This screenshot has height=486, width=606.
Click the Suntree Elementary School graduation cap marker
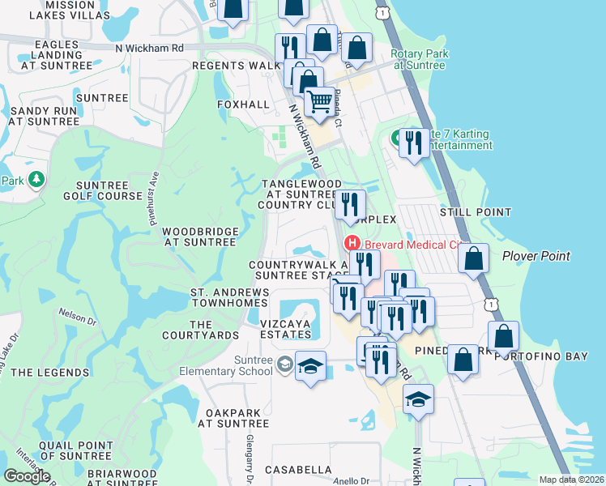pos(310,367)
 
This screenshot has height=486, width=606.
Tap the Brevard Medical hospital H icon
pos(352,242)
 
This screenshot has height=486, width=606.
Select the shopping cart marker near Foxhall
pos(320,103)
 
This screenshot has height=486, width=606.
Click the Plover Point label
pos(536,256)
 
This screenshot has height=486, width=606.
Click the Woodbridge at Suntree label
pos(201,237)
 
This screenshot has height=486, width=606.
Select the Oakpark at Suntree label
pos(237,417)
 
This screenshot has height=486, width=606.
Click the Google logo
pos(28,475)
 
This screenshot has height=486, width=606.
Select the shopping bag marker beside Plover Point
pos(473,260)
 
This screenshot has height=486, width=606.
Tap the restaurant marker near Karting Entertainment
pos(414,144)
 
